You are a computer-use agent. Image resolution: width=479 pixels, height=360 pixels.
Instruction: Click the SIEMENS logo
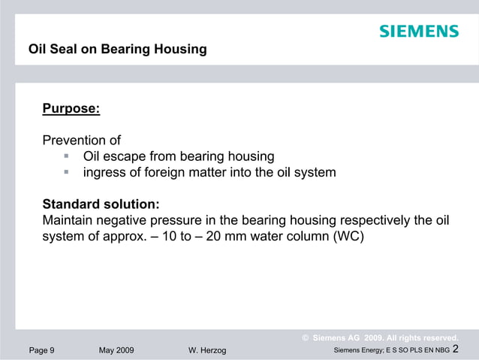(418, 31)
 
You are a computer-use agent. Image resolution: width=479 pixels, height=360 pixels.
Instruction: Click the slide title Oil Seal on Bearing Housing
(117, 50)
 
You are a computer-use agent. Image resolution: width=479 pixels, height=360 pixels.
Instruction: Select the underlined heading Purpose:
(71, 108)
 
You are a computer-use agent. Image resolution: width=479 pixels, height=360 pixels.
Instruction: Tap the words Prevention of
(81, 141)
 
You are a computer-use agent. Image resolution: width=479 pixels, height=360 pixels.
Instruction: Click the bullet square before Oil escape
(67, 156)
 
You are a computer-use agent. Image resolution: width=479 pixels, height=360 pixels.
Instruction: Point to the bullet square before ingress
(67, 172)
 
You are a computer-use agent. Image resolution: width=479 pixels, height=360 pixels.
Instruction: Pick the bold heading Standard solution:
(101, 204)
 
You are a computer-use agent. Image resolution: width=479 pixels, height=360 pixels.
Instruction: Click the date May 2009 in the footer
(116, 350)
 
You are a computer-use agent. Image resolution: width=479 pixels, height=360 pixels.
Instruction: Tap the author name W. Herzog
(207, 350)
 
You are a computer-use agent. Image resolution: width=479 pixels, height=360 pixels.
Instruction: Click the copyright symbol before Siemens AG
(305, 338)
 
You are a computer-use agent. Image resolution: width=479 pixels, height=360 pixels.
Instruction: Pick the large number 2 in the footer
(455, 349)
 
